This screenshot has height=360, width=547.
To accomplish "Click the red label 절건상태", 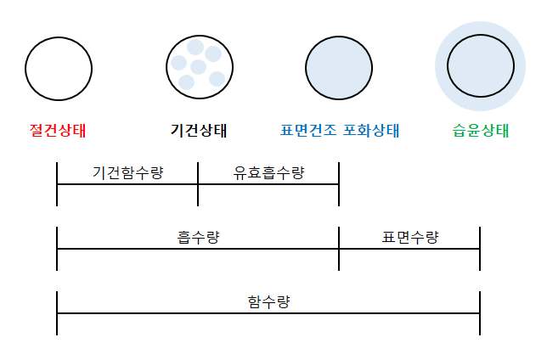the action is pyautogui.click(x=58, y=131).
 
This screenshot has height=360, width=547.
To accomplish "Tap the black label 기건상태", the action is pyautogui.click(x=199, y=131).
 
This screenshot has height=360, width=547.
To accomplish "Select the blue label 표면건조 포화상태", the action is pyautogui.click(x=339, y=131).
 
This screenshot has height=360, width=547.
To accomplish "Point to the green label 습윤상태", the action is pyautogui.click(x=481, y=131).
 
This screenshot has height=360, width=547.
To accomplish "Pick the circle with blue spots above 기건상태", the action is pyautogui.click(x=199, y=66).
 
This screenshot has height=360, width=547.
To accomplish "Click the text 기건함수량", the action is pyautogui.click(x=127, y=172).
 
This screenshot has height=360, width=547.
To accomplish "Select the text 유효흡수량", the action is pyautogui.click(x=268, y=172).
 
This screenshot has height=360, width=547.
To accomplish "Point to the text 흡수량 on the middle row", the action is pyautogui.click(x=198, y=237).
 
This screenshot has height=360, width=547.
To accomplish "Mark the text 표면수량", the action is pyautogui.click(x=410, y=237).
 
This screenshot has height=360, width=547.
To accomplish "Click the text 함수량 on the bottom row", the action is pyautogui.click(x=268, y=301).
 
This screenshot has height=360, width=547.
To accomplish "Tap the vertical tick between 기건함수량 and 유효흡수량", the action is pyautogui.click(x=198, y=183).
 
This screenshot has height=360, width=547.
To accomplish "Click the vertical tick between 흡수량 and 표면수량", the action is pyautogui.click(x=339, y=248).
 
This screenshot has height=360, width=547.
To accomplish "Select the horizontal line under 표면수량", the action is pyautogui.click(x=409, y=249).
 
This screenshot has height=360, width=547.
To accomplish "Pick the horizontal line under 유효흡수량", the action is pyautogui.click(x=268, y=184).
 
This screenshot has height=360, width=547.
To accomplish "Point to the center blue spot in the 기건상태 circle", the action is pyautogui.click(x=198, y=66).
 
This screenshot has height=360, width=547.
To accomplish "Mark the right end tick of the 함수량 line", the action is pyautogui.click(x=480, y=312).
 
